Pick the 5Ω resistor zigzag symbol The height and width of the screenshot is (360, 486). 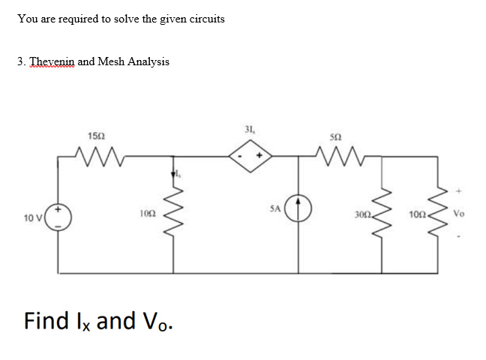tap(334, 156)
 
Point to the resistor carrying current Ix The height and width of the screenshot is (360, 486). tap(175, 216)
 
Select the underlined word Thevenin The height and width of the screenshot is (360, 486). tap(51, 61)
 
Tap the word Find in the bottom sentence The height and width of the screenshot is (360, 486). tap(48, 321)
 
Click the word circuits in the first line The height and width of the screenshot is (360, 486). tap(204, 18)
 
